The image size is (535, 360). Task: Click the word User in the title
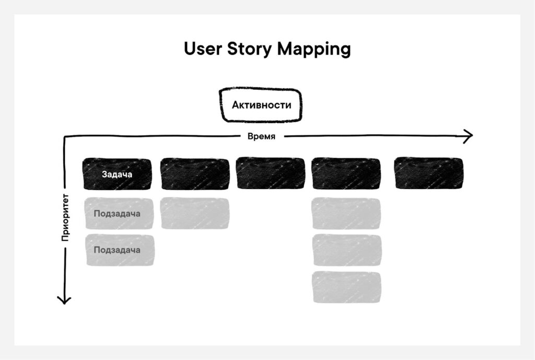click(x=203, y=49)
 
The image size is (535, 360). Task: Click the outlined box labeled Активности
click(x=261, y=105)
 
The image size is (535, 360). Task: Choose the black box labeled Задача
click(x=117, y=174)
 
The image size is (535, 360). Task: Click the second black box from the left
click(x=195, y=174)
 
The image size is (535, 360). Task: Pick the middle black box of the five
click(x=270, y=174)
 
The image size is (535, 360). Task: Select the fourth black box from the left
click(x=346, y=174)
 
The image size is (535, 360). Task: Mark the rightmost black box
click(x=429, y=174)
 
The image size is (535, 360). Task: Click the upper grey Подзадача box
click(x=119, y=214)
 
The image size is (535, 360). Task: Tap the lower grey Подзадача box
click(x=120, y=250)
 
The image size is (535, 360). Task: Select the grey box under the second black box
click(x=195, y=213)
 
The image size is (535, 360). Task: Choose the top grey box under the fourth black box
click(x=346, y=214)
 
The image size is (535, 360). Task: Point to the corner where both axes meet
click(x=65, y=137)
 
